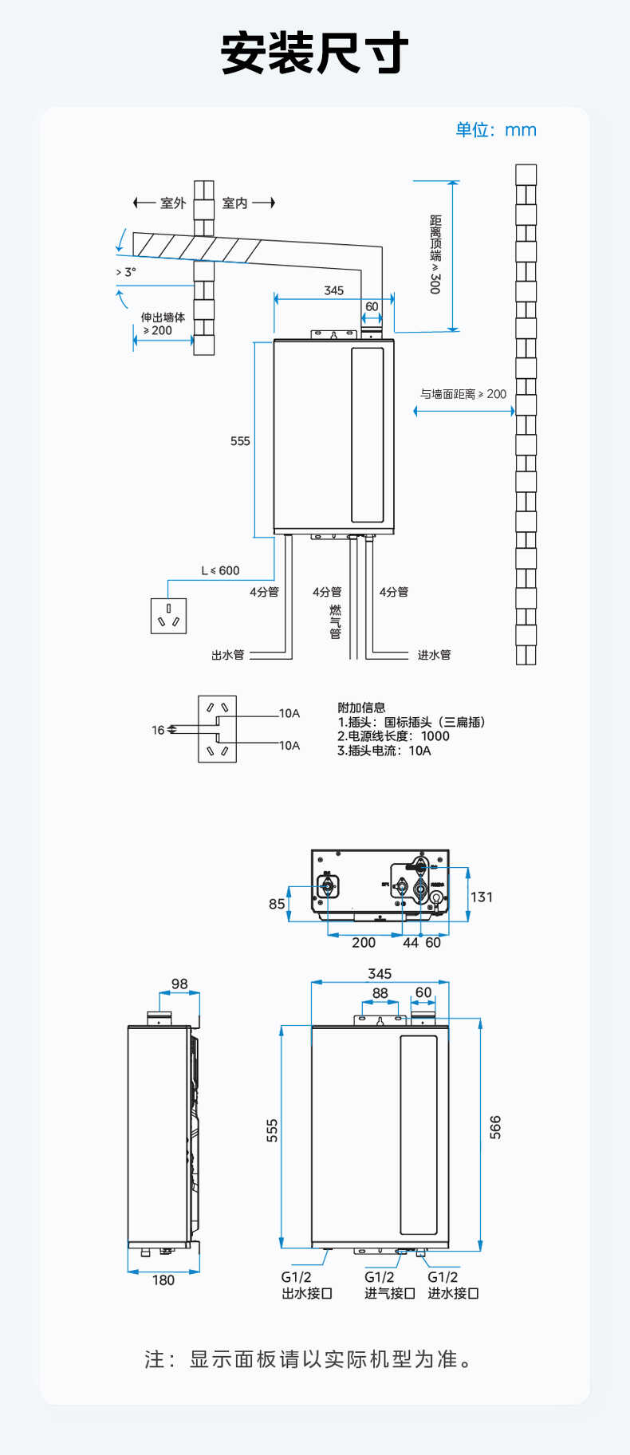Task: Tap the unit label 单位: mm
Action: point(495,130)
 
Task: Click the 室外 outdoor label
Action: point(173,203)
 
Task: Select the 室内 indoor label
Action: point(234,203)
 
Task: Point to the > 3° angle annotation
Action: point(126,272)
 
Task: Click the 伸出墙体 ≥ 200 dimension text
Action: point(162,324)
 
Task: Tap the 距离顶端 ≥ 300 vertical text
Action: point(435,254)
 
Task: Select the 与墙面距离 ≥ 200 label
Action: point(463,394)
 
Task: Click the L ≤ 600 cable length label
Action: point(220,570)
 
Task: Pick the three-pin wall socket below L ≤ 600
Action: point(168,616)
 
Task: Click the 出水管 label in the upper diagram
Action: point(228,655)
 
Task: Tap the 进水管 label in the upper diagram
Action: point(434,655)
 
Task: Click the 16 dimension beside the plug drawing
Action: point(158,730)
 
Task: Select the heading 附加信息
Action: point(361,708)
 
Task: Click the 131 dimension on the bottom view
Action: point(482,897)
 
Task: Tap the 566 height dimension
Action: point(495,1127)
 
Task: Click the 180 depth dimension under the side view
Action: point(163,1280)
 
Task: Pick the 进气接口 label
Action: point(390,1293)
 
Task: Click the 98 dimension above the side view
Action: point(179,984)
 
